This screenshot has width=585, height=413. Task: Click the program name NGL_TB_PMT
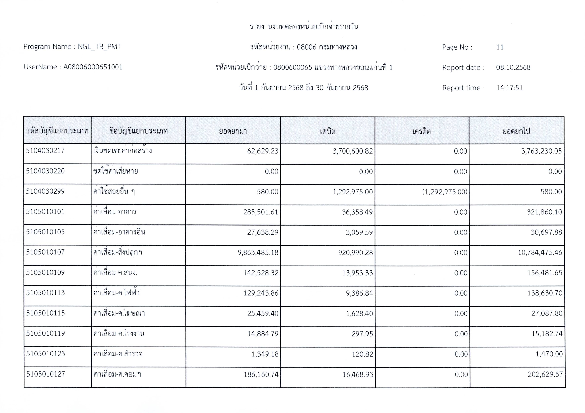point(99,47)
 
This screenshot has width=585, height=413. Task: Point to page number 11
point(500,47)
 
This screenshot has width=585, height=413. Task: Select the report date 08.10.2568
point(513,68)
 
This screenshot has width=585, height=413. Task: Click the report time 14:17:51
point(509,88)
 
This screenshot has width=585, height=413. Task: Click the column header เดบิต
point(327,131)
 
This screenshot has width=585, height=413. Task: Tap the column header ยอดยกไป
point(516,131)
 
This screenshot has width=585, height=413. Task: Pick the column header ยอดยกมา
point(233,131)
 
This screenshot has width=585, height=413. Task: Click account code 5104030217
point(45,151)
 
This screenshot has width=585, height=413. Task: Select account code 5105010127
point(46,374)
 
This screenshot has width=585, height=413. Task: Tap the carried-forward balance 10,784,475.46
point(540,253)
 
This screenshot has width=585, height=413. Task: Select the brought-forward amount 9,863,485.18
point(258,253)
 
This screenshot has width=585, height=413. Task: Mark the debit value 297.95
point(362,334)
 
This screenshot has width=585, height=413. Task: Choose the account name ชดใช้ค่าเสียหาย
point(115,171)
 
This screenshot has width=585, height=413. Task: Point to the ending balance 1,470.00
point(549,354)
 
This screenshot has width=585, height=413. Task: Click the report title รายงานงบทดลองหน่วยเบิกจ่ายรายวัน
point(304,27)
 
